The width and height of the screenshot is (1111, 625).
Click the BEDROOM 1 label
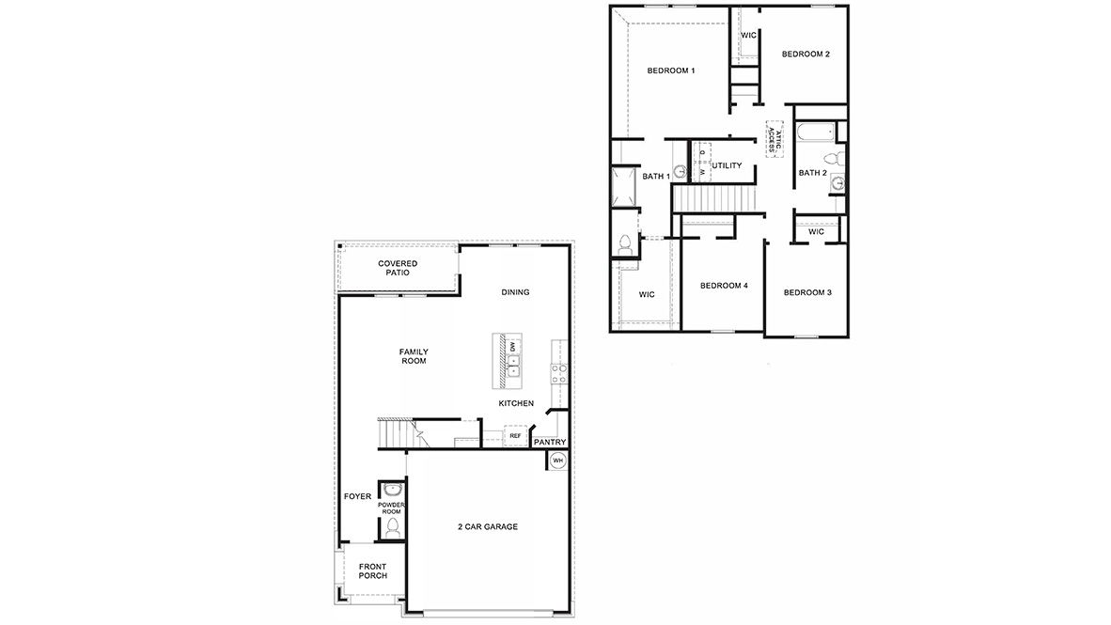(x=671, y=71)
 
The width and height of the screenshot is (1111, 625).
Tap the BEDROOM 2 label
(x=806, y=55)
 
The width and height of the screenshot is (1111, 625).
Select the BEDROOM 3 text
(x=807, y=292)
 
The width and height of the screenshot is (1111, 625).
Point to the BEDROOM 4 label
(x=724, y=286)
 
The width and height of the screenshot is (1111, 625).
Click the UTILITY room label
(x=727, y=166)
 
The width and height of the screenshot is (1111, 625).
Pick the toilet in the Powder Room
(x=393, y=528)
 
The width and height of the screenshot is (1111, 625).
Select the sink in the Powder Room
(x=392, y=490)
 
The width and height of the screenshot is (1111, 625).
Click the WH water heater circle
(x=556, y=461)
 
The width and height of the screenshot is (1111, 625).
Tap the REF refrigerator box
(x=515, y=436)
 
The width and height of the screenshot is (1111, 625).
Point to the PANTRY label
(x=549, y=442)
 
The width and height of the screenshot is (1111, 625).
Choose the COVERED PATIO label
(x=398, y=268)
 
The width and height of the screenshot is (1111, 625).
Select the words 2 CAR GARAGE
(x=487, y=527)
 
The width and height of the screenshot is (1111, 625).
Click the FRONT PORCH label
(x=372, y=571)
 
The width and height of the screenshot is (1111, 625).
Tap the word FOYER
(x=357, y=496)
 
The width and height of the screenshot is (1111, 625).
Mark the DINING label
(x=515, y=292)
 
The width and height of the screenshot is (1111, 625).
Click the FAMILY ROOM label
(x=414, y=356)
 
